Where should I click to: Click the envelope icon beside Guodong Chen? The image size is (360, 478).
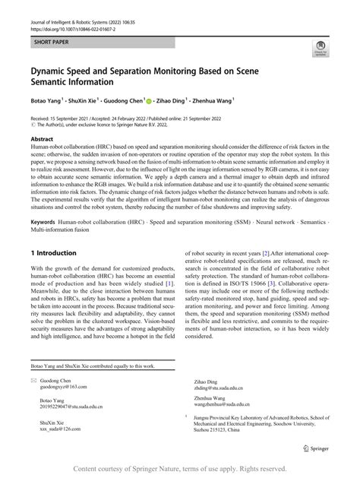[x=33, y=379]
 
